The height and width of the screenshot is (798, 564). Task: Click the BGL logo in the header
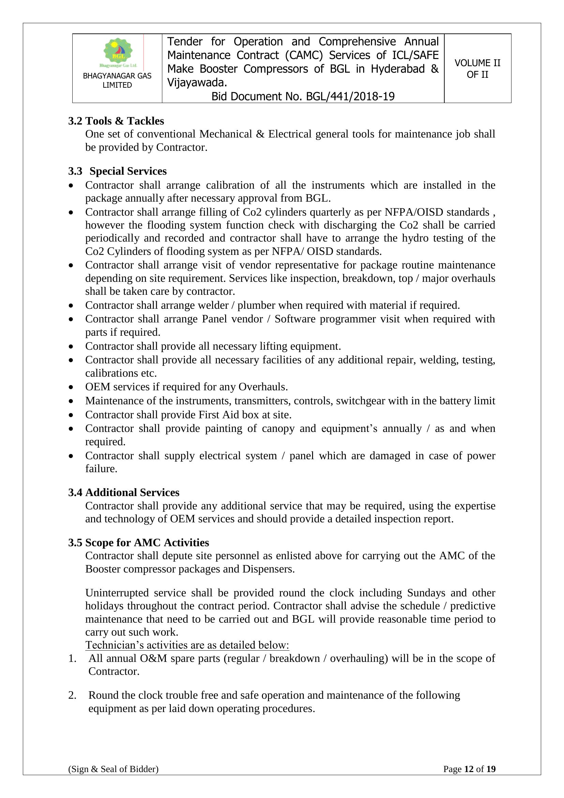[118, 52]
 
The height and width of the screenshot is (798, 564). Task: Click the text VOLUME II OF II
[477, 69]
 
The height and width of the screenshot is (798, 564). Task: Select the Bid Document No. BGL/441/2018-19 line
[303, 96]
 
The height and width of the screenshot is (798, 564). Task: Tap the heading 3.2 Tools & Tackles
[116, 121]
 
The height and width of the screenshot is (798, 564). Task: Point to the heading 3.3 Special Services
[117, 171]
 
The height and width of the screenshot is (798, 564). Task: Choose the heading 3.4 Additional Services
[124, 492]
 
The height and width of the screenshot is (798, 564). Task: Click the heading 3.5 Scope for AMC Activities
[138, 542]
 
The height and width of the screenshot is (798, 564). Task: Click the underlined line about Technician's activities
[187, 645]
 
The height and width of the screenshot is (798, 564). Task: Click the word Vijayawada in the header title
[196, 83]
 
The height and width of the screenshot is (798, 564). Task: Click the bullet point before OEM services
[71, 387]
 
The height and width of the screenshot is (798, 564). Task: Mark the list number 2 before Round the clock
[72, 695]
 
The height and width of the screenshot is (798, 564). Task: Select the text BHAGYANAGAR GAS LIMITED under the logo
[117, 80]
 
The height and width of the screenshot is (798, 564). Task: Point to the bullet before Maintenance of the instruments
[71, 401]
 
